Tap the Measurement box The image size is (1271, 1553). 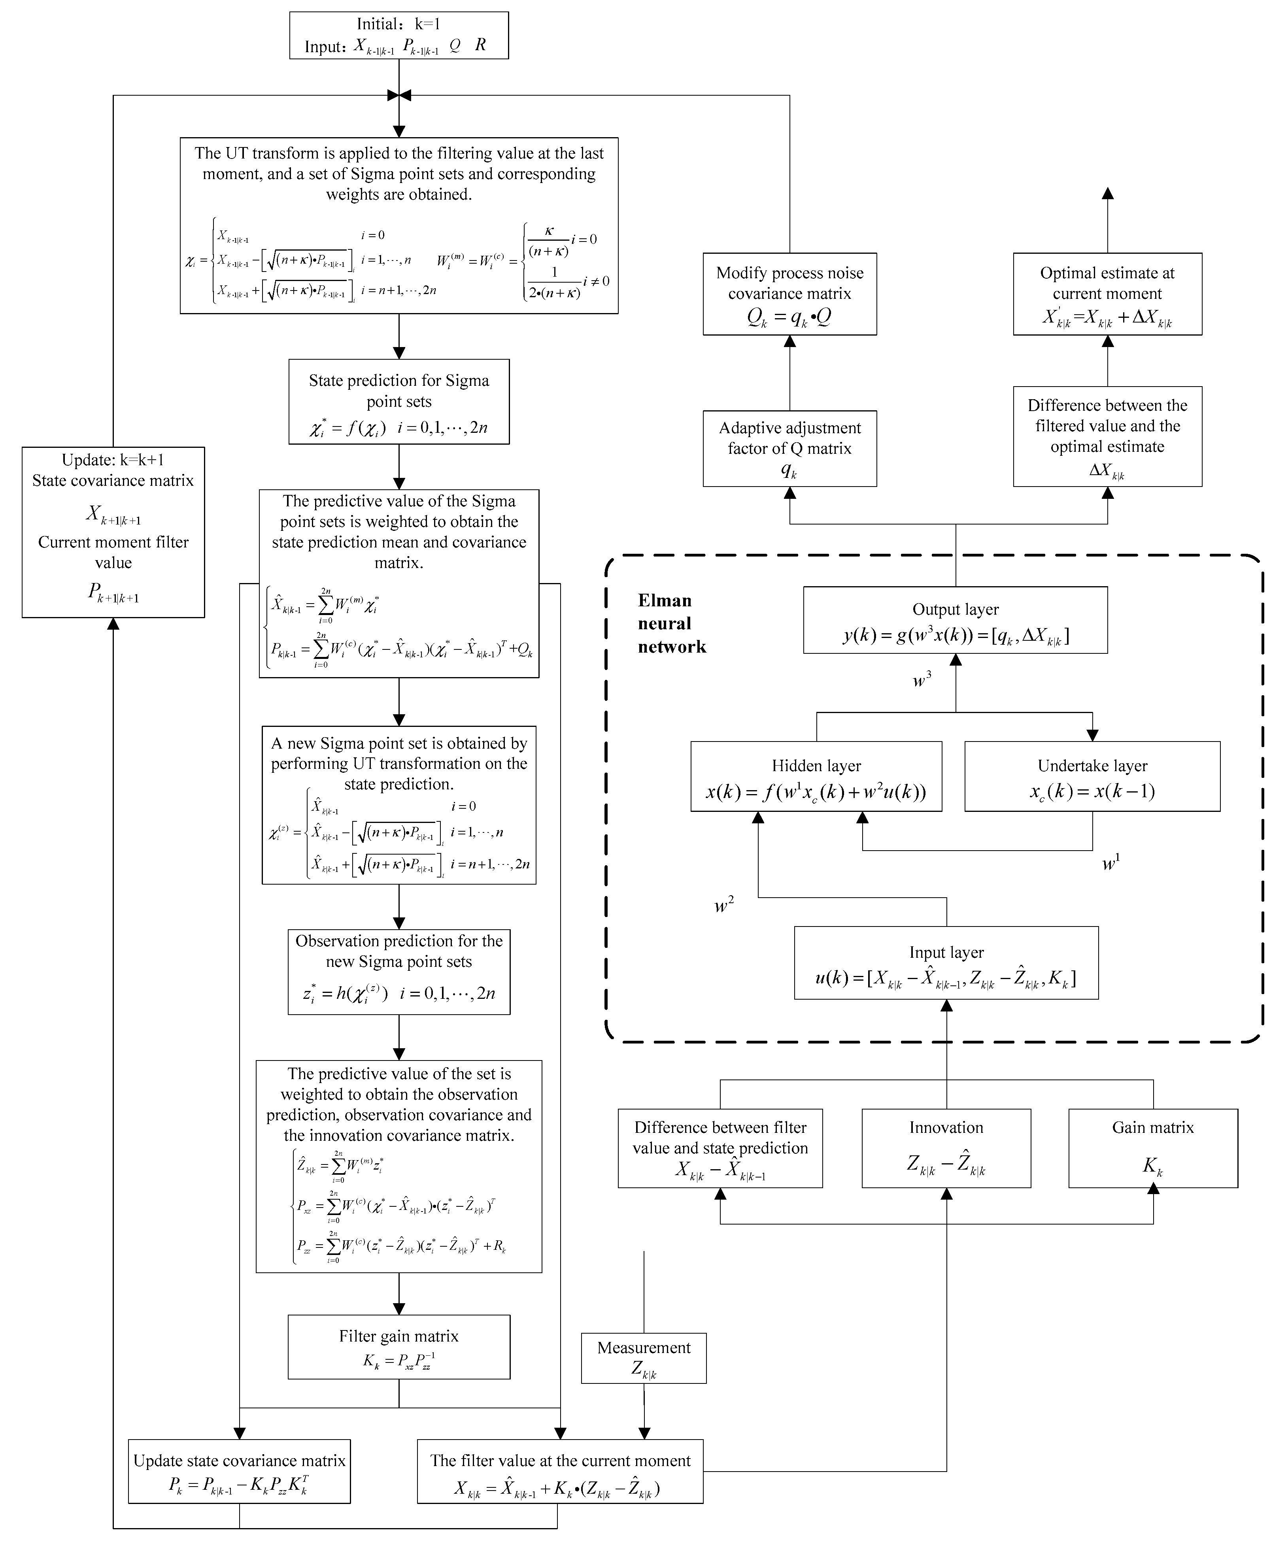[644, 1358]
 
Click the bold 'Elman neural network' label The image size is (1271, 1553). [670, 624]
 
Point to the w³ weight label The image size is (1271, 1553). [922, 680]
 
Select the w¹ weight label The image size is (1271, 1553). [1110, 863]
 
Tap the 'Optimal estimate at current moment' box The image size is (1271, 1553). [1107, 294]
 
